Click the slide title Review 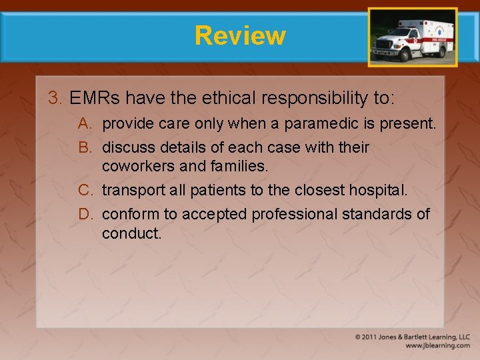pyautogui.click(x=240, y=35)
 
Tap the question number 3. pyautogui.click(x=53, y=99)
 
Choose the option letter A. pyautogui.click(x=84, y=123)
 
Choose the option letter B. pyautogui.click(x=84, y=147)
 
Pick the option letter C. pyautogui.click(x=85, y=191)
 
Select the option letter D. pyautogui.click(x=85, y=214)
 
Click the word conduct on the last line pyautogui.click(x=131, y=233)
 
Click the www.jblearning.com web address pyautogui.click(x=437, y=345)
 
